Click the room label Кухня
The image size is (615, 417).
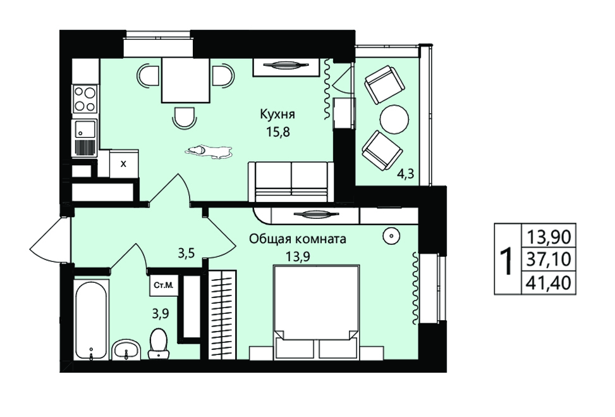pyautogui.click(x=277, y=115)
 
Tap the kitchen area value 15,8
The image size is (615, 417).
pyautogui.click(x=277, y=132)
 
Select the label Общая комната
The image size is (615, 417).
pyautogui.click(x=298, y=239)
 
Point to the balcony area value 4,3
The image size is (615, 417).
pyautogui.click(x=406, y=173)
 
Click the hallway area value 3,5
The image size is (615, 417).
pyautogui.click(x=186, y=253)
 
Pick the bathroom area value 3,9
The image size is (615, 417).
pyautogui.click(x=161, y=314)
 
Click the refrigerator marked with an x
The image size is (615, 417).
pyautogui.click(x=123, y=164)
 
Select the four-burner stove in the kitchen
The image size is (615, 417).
pyautogui.click(x=85, y=99)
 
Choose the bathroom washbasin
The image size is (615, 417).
pyautogui.click(x=126, y=350)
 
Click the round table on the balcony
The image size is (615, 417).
pyautogui.click(x=394, y=119)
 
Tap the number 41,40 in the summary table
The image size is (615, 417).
pyautogui.click(x=549, y=282)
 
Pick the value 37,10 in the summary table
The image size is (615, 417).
pyautogui.click(x=549, y=259)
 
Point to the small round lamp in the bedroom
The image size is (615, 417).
pyautogui.click(x=391, y=236)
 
